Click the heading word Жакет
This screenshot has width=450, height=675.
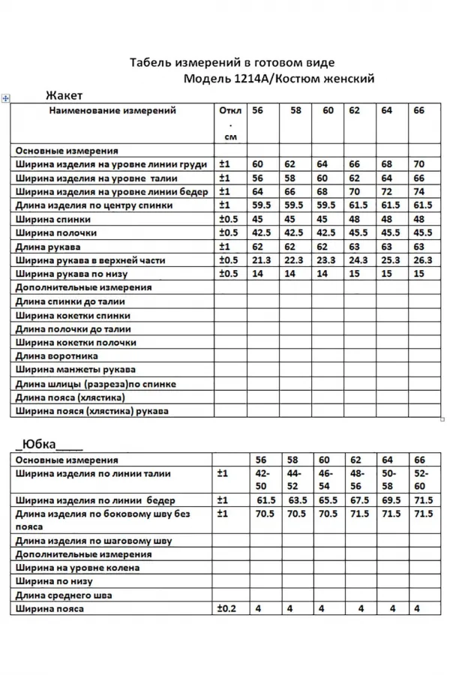click(x=64, y=95)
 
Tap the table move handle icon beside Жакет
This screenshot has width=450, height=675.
click(x=6, y=97)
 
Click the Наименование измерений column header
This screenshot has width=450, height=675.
click(x=112, y=111)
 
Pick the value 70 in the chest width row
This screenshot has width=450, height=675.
click(x=418, y=163)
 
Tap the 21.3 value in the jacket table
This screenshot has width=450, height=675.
click(x=262, y=260)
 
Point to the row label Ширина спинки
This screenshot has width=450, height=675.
click(x=52, y=219)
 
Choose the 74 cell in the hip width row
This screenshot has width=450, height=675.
click(x=418, y=191)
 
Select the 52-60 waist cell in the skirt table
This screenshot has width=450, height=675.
click(x=421, y=479)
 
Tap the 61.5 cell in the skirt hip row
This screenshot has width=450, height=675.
click(x=266, y=499)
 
